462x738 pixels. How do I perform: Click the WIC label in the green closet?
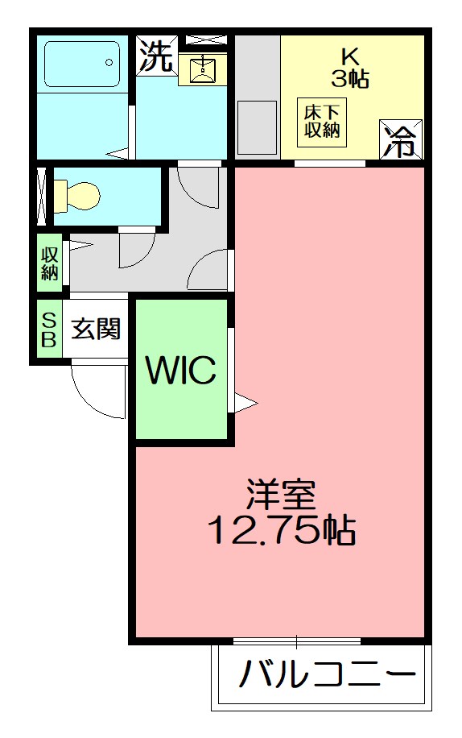click(x=180, y=371)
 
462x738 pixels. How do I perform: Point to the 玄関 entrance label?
click(x=96, y=328)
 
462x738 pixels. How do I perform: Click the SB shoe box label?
click(x=48, y=328)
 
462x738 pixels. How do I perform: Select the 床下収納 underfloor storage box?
click(x=323, y=122)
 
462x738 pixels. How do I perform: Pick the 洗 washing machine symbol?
click(x=155, y=56)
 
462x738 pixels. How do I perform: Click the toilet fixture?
click(x=76, y=194)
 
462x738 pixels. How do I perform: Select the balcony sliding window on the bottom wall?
click(x=296, y=641)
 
